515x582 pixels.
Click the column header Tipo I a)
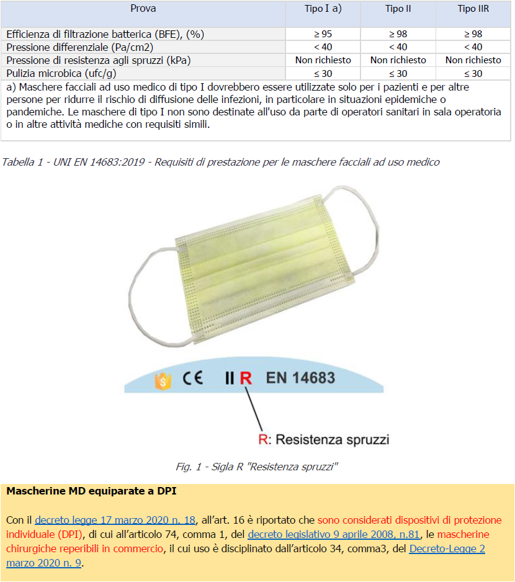323,9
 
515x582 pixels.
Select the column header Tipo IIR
473,9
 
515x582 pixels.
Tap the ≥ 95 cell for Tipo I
323,34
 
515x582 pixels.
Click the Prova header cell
143,9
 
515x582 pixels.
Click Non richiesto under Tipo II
398,60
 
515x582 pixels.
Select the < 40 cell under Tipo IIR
473,47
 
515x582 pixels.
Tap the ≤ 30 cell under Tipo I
323,73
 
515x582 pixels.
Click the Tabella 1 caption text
220,163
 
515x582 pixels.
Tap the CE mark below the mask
193,378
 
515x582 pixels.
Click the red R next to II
246,378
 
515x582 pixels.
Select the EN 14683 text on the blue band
300,377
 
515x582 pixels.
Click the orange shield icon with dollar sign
163,380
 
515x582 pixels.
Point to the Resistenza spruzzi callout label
324,440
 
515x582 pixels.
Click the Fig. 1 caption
257,467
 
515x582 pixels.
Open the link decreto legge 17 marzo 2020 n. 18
115,521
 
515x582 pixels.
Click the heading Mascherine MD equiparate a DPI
91,491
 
